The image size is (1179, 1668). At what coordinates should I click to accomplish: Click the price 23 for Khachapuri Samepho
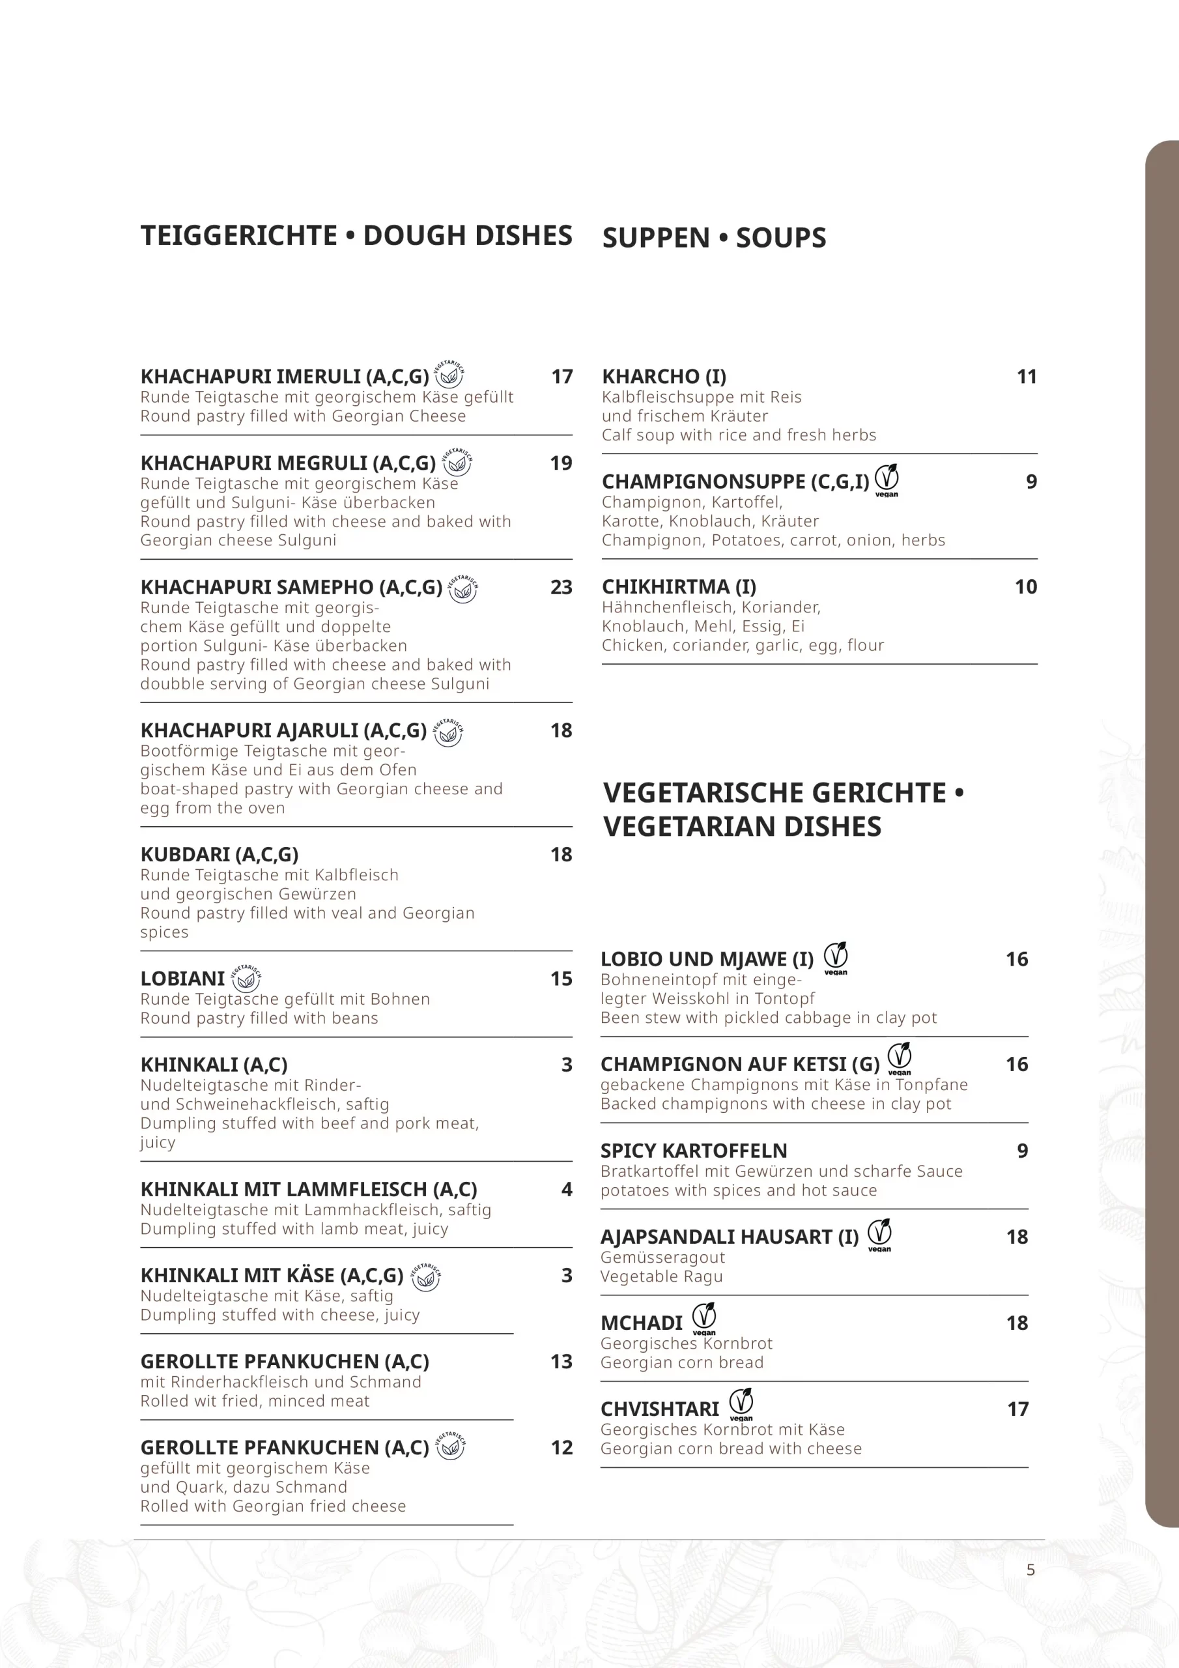coord(561,587)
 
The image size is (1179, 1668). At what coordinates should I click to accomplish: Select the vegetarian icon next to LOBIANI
coord(246,979)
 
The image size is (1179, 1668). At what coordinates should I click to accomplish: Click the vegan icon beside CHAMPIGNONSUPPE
coord(887,480)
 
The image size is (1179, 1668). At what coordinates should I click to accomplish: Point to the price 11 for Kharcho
coord(1026,377)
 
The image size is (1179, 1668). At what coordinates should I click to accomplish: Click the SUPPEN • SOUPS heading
coord(713,238)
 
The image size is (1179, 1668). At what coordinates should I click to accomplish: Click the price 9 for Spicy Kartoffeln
coord(1022,1151)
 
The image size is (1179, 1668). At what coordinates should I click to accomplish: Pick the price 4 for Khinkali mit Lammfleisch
coord(567,1189)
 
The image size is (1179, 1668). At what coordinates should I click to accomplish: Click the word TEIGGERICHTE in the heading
coord(239,236)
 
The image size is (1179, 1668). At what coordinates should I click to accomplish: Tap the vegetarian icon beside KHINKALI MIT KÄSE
coord(427,1276)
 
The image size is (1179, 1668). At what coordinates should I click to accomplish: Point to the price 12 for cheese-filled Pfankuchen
coord(561,1448)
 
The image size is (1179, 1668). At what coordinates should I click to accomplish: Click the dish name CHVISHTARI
coord(660,1409)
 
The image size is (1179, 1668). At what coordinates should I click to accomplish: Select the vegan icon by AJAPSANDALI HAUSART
coord(880,1234)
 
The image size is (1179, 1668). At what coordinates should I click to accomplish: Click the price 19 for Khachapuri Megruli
coord(561,463)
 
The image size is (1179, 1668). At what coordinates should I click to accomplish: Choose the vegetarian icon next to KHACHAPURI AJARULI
coord(448,732)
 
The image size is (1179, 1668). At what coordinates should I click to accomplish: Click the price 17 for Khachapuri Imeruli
coord(561,377)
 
